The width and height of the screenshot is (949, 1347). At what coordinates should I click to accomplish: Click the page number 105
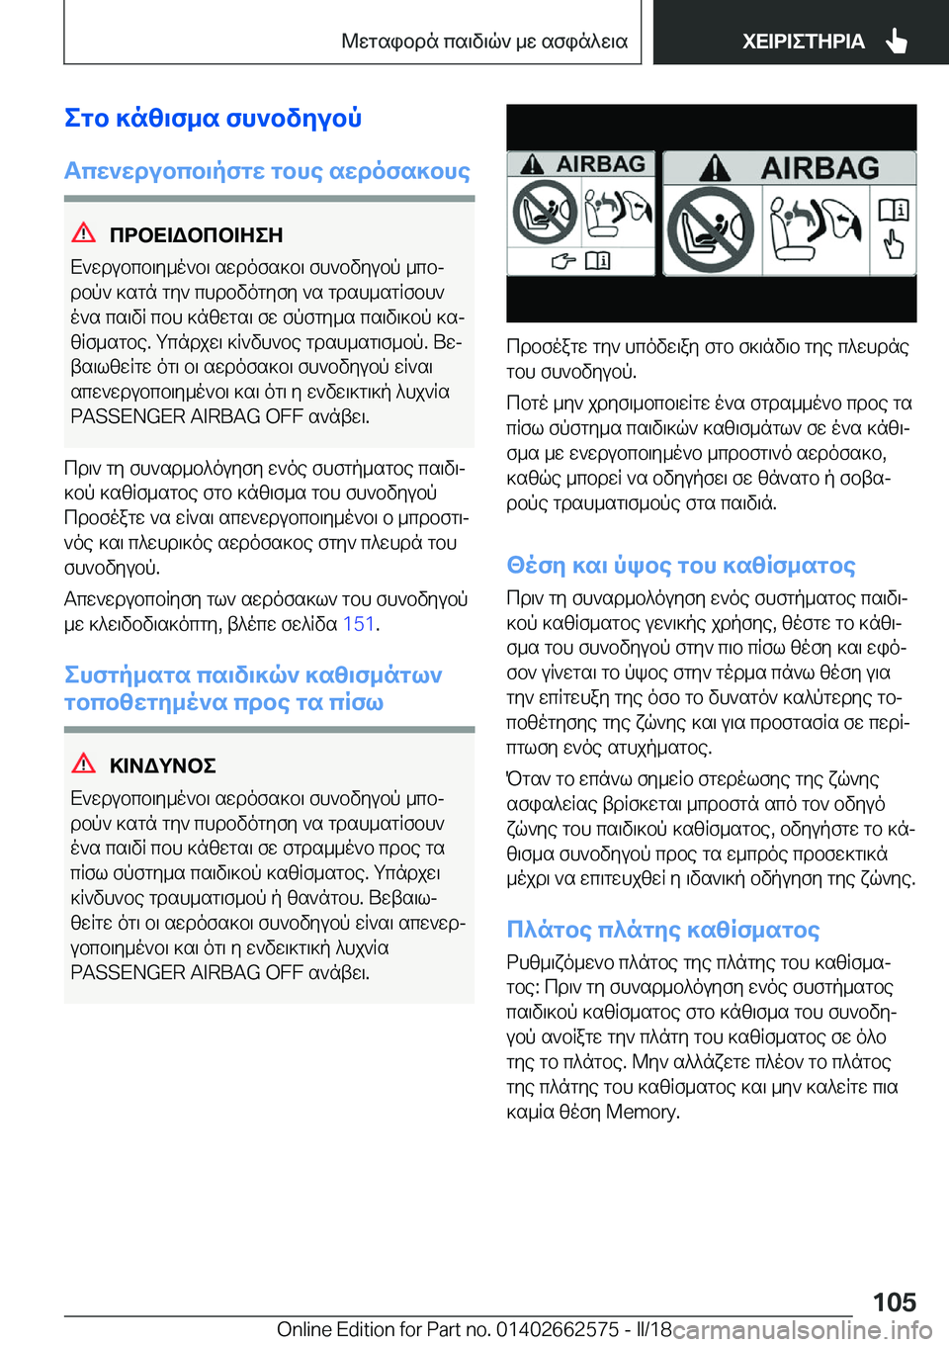(x=894, y=1302)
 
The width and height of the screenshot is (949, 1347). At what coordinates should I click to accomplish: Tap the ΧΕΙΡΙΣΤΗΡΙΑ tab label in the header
(x=803, y=42)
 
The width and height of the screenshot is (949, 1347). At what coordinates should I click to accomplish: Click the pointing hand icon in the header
(x=897, y=41)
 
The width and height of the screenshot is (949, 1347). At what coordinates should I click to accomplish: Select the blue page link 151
(x=359, y=624)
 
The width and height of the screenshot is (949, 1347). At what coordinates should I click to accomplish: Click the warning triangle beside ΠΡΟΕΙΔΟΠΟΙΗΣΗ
(x=84, y=233)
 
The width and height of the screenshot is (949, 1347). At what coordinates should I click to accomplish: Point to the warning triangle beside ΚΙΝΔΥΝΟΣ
(x=84, y=763)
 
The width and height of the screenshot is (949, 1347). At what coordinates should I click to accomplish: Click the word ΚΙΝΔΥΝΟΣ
(x=163, y=765)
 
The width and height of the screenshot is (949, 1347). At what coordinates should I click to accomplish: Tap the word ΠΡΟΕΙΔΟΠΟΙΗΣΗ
(x=196, y=235)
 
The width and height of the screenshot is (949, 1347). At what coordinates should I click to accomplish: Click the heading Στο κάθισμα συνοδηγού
(x=213, y=118)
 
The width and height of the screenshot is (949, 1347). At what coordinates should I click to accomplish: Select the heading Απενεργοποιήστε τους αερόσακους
(x=267, y=171)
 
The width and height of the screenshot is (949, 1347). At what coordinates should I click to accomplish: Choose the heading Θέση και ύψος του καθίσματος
(x=680, y=565)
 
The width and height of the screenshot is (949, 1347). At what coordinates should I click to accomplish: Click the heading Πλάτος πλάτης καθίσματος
(x=662, y=930)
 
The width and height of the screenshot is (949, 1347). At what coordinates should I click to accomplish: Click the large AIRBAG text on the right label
(x=820, y=168)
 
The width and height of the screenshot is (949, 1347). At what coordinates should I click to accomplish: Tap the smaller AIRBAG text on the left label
(x=600, y=164)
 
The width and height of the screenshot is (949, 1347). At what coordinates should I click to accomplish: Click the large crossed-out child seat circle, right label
(x=710, y=229)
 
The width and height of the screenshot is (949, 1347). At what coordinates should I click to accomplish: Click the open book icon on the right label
(x=893, y=210)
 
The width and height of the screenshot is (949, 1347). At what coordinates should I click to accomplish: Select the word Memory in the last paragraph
(x=642, y=1112)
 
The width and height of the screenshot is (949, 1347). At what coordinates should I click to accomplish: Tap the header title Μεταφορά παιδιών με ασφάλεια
(x=484, y=42)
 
